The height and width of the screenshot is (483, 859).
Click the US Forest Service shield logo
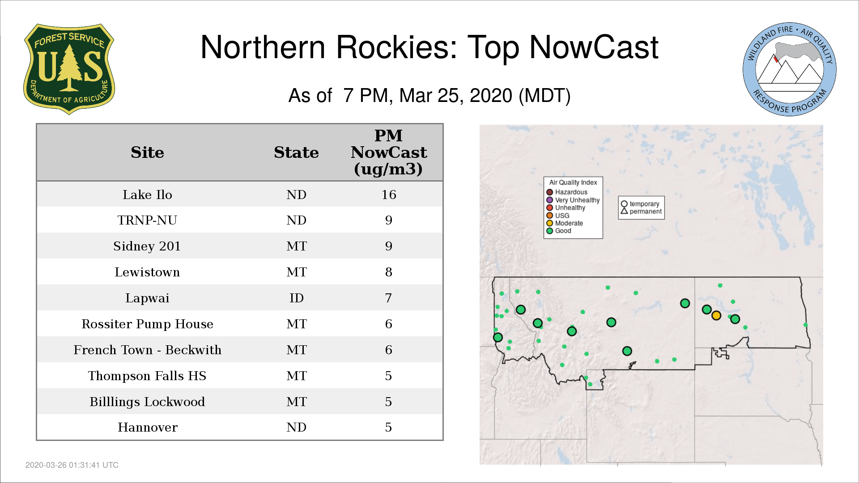point(69,69)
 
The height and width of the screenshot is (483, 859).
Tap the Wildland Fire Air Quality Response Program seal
point(790,69)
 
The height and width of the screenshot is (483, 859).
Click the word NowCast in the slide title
point(594,47)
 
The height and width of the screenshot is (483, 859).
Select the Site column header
point(147,153)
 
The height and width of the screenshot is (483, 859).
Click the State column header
point(296,153)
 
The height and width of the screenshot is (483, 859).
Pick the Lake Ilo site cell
point(147,195)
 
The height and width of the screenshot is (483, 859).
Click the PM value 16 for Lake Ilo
point(389,195)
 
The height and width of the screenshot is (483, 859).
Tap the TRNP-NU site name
point(147,220)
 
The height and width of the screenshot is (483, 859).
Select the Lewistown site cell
point(147,272)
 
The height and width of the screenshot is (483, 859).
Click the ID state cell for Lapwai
point(296,298)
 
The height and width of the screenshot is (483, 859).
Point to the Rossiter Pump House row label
point(147,324)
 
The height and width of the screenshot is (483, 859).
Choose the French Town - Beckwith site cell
point(147,350)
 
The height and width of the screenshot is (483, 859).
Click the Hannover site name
point(147,428)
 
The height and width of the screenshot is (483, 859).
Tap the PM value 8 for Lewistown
point(389,272)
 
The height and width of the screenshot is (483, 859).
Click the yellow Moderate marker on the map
point(716,316)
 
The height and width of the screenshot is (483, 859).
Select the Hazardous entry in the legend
point(567,192)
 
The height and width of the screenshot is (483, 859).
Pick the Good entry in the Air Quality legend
point(559,231)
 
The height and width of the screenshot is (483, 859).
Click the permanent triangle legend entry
point(641,212)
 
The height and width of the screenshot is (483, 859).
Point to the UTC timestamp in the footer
point(72,465)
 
